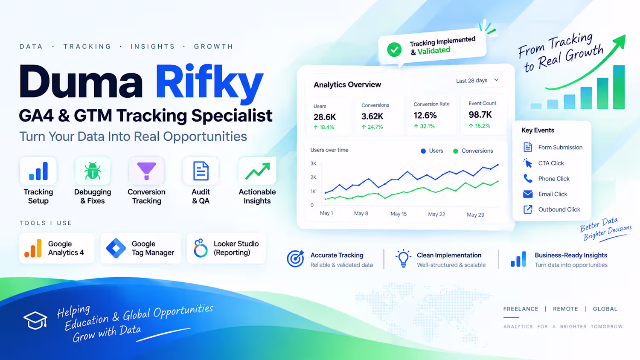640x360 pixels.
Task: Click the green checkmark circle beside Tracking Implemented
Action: click(x=394, y=49)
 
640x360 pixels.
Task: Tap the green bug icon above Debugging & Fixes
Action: click(x=93, y=171)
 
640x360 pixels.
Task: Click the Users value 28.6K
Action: click(x=325, y=117)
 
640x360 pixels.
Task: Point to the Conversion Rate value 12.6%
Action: click(x=425, y=116)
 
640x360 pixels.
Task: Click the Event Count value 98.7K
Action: click(x=480, y=115)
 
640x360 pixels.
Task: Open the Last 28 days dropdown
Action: click(x=477, y=81)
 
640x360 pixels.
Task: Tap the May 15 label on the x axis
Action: click(x=398, y=214)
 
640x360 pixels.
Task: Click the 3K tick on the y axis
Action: click(x=314, y=163)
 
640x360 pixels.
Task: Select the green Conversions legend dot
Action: click(x=455, y=151)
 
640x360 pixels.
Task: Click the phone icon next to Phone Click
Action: click(x=528, y=179)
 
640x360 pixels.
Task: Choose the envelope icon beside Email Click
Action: click(x=528, y=194)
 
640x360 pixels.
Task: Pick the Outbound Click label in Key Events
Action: click(x=559, y=209)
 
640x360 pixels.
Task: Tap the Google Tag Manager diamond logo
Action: click(x=116, y=248)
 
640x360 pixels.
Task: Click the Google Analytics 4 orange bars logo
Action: click(x=33, y=248)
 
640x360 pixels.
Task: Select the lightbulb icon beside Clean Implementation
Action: click(x=403, y=258)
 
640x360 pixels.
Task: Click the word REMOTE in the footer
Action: click(x=565, y=309)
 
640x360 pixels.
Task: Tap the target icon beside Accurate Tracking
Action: click(x=295, y=258)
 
